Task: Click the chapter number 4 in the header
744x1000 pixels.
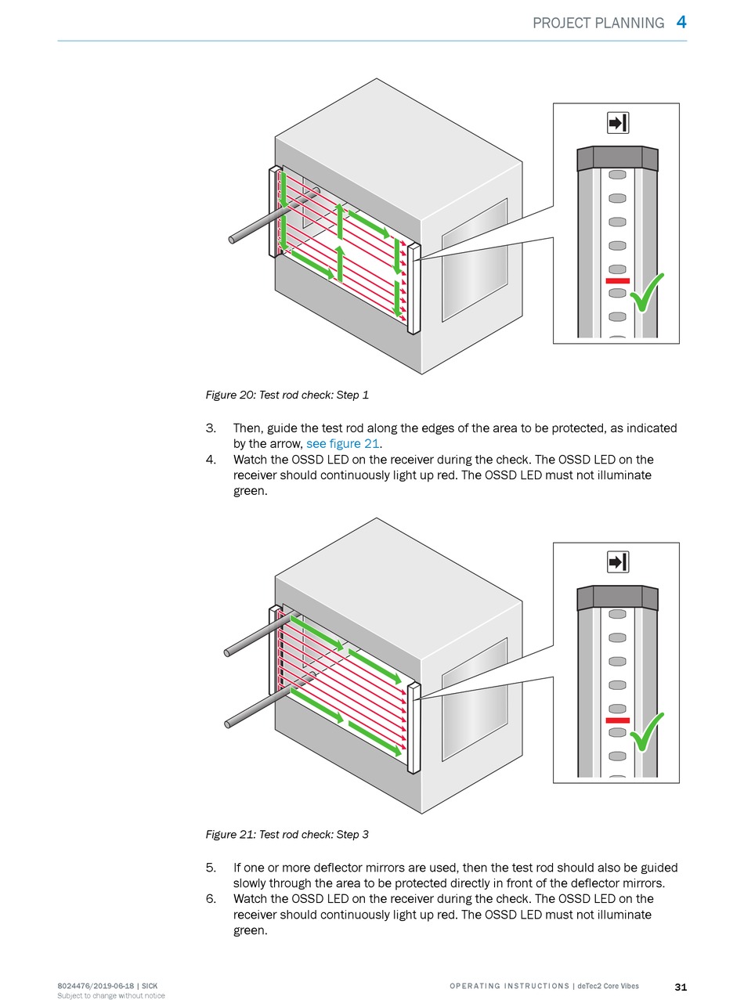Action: tap(681, 22)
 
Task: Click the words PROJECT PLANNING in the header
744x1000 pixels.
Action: tap(598, 23)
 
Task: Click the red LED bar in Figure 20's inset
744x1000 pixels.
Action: tap(617, 280)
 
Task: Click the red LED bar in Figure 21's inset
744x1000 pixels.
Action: tap(617, 720)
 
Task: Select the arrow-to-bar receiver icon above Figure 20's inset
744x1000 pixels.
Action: tap(618, 123)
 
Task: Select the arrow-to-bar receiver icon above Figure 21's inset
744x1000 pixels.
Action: tap(618, 562)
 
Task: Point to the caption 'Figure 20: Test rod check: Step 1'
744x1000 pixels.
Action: tap(287, 395)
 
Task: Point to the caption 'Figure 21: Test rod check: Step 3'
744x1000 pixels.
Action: tap(287, 835)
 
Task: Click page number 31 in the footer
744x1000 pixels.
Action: tap(681, 986)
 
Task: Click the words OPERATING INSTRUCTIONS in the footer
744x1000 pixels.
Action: tap(509, 986)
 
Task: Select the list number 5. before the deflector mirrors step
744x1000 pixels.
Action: tap(211, 868)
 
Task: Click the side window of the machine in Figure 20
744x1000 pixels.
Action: tap(475, 258)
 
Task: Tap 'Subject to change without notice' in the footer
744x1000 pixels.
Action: tap(111, 996)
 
